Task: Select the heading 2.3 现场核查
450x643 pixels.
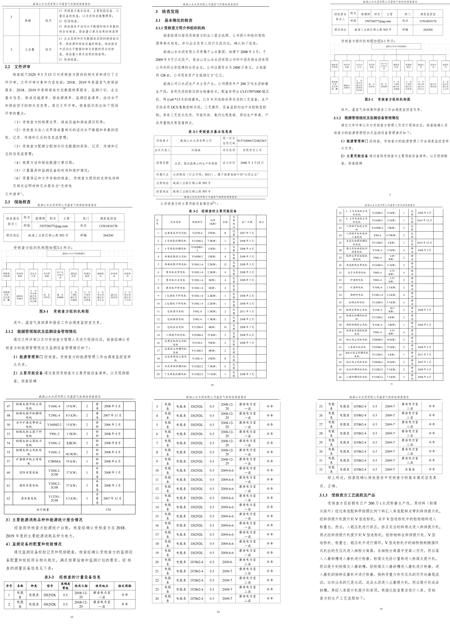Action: tap(18, 202)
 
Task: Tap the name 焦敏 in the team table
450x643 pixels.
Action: tap(28, 21)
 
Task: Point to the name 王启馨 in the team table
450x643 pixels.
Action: tap(29, 50)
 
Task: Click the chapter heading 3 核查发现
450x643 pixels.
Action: tap(167, 12)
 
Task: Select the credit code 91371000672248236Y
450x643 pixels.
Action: tap(252, 141)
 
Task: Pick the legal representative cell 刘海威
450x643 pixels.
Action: tap(196, 150)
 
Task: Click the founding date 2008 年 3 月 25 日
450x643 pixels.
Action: tap(252, 163)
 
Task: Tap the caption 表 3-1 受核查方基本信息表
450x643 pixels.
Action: tap(210, 132)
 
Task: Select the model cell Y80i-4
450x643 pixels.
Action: tap(377, 235)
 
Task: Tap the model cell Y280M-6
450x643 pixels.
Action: tap(54, 461)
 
